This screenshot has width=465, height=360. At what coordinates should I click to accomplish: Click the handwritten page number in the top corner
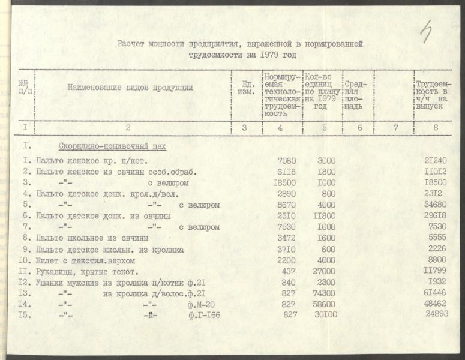[x=427, y=31]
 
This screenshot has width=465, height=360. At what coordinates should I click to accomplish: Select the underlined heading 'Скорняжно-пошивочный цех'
[x=112, y=146]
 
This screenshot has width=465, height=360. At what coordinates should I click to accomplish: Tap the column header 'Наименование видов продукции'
[x=130, y=88]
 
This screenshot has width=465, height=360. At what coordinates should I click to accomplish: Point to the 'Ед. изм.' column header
[x=244, y=88]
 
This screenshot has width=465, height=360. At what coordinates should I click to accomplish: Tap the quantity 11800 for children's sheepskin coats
[x=323, y=215]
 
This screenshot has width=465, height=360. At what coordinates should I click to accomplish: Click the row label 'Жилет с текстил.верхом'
[x=85, y=261]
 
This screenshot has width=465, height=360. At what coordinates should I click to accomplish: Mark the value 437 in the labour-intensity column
[x=290, y=271]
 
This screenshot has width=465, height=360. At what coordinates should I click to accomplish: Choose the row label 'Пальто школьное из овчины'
[x=92, y=238]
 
